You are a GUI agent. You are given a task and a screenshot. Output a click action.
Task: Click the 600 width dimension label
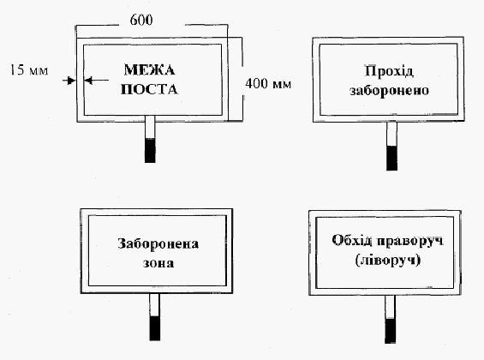click(x=141, y=20)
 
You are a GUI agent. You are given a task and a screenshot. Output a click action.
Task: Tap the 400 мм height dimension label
click(x=268, y=84)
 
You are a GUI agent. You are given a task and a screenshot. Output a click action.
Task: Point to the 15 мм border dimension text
click(x=29, y=70)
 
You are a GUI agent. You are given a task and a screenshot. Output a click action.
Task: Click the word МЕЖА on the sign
click(x=149, y=69)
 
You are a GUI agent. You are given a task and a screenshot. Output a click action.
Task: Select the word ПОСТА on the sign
click(x=149, y=89)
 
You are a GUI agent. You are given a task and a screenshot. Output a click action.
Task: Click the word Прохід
click(x=389, y=71)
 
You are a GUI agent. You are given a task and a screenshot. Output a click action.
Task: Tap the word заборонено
click(x=389, y=91)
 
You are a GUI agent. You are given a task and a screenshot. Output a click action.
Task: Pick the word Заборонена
click(x=158, y=244)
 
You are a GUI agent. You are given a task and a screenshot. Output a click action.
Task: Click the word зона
click(x=158, y=263)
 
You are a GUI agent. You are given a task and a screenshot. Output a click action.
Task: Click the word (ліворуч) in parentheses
click(x=388, y=260)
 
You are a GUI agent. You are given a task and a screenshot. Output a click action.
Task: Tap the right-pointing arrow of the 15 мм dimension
click(x=69, y=81)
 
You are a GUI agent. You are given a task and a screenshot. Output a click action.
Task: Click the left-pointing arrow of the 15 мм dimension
click(x=96, y=81)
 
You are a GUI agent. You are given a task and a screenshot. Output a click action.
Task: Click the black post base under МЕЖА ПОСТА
click(x=150, y=150)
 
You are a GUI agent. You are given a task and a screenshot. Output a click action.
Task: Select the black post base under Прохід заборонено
click(x=392, y=158)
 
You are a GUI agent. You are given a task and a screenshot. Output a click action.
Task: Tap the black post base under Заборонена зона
click(x=155, y=328)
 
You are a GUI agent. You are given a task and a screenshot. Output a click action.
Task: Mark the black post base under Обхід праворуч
click(x=390, y=331)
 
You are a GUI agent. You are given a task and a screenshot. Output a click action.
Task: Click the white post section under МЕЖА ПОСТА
click(x=150, y=127)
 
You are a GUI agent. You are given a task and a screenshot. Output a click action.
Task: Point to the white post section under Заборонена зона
click(x=155, y=305)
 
